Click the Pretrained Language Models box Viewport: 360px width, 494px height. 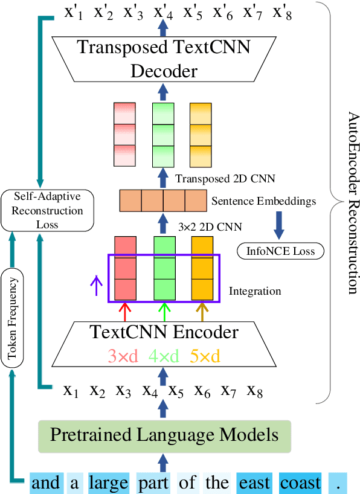click(164, 435)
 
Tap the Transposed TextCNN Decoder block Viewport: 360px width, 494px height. click(162, 59)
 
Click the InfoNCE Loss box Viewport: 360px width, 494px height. click(280, 250)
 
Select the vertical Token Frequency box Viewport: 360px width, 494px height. click(11, 319)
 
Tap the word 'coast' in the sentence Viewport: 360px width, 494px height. click(300, 483)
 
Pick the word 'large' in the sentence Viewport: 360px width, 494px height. click(109, 483)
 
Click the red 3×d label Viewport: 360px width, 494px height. click(124, 356)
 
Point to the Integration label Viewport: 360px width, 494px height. click(255, 291)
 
